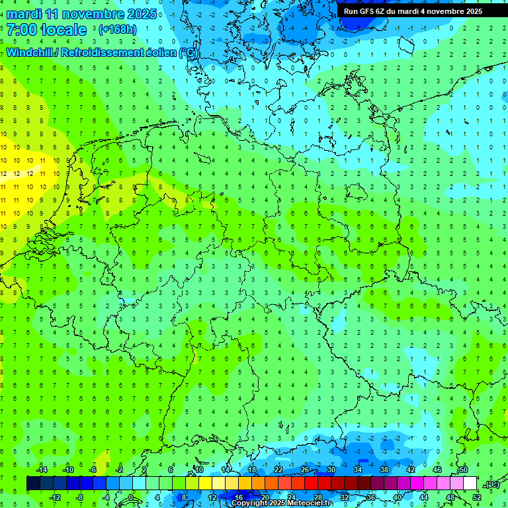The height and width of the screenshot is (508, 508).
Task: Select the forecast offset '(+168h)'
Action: (118, 30)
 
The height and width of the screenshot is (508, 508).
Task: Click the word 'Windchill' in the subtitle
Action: (29, 52)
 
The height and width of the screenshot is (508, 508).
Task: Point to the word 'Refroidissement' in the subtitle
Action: (100, 52)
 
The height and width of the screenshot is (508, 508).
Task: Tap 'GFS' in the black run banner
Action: (367, 11)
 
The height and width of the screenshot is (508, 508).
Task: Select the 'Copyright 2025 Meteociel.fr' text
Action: (281, 503)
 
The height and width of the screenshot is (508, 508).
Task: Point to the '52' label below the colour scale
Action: (477, 497)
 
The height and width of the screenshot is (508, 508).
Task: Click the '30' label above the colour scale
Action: (331, 470)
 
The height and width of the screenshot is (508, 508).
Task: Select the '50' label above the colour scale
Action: (463, 470)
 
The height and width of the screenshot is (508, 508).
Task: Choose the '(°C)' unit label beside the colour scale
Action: (492, 484)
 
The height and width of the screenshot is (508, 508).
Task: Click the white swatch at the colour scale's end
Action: (470, 484)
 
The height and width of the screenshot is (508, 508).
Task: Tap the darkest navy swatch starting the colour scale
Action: (33, 484)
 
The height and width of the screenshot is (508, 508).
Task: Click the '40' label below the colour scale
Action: (398, 497)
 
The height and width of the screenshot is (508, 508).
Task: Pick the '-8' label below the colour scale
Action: (81, 497)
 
